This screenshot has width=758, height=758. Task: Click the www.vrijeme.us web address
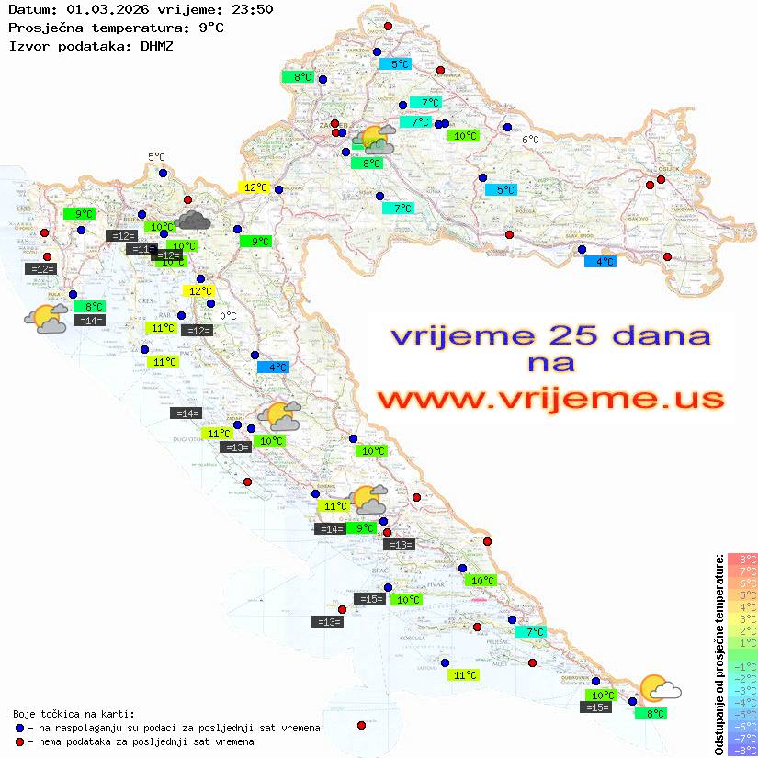click(550, 399)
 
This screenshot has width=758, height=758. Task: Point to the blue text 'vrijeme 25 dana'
click(550, 334)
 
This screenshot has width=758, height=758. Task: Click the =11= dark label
click(141, 248)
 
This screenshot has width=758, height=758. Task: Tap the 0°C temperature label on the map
click(229, 316)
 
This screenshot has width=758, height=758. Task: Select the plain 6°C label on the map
click(530, 140)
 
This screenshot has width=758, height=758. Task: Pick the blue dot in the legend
click(19, 728)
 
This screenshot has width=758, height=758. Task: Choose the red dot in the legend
click(19, 741)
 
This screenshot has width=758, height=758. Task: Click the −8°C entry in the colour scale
click(742, 751)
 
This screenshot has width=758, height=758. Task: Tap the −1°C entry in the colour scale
click(742, 666)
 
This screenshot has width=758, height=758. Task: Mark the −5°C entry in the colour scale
click(742, 714)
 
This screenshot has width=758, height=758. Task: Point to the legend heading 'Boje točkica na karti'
click(74, 714)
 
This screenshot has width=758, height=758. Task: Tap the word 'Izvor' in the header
click(27, 45)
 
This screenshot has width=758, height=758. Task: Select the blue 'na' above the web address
click(550, 363)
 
